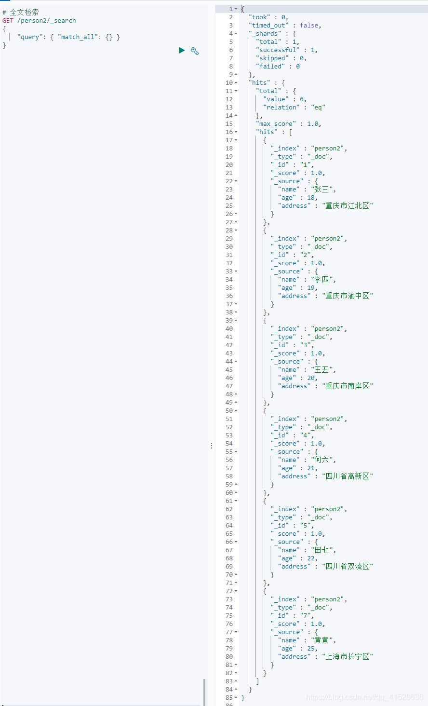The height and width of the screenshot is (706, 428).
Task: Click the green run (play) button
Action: click(182, 50)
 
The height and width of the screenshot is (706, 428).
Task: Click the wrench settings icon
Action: click(195, 51)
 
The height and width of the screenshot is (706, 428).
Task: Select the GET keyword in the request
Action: click(8, 21)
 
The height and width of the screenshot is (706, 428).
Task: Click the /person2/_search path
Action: click(47, 21)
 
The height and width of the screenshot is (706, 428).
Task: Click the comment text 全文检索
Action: click(25, 13)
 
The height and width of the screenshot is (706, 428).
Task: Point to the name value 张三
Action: click(321, 190)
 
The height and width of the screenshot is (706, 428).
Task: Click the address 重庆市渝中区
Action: click(347, 296)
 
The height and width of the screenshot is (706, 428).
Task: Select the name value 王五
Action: click(321, 370)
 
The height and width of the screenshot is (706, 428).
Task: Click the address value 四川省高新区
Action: click(347, 476)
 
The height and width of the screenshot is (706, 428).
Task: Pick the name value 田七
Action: click(321, 550)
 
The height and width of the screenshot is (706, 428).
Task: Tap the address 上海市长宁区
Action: click(347, 657)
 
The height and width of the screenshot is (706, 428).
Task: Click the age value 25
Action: click(311, 649)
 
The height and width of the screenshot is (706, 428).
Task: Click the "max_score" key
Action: click(277, 124)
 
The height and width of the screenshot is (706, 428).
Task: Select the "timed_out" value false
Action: click(309, 26)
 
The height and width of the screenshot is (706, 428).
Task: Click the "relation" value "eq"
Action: click(318, 108)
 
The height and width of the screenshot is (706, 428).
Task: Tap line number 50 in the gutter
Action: click(229, 411)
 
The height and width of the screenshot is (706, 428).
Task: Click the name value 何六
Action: click(321, 460)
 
